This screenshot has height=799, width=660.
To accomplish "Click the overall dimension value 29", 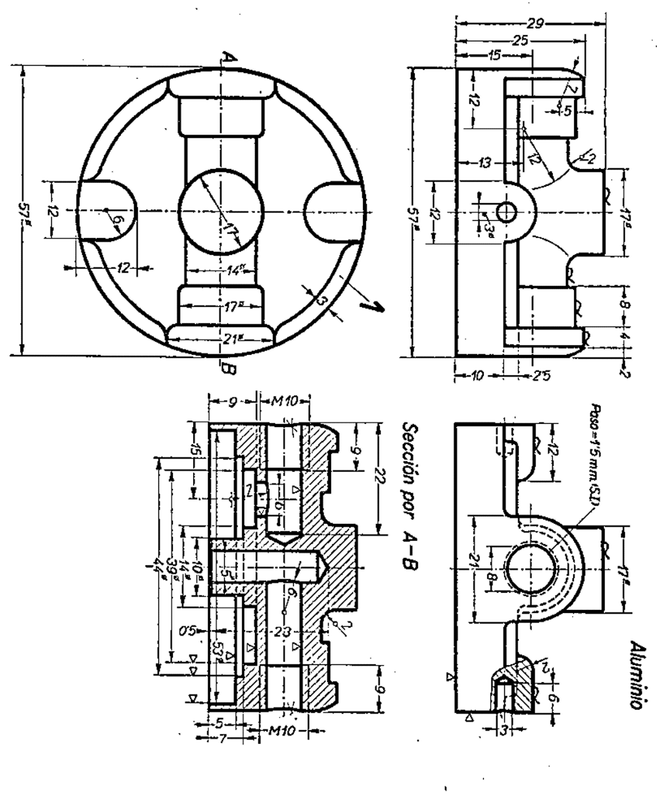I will pos(535,24).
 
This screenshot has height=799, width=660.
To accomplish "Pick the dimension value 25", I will pos(521,40).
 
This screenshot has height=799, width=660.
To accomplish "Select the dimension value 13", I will pos(485,163).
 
